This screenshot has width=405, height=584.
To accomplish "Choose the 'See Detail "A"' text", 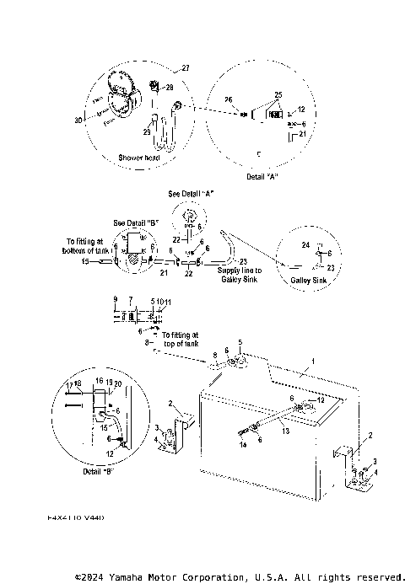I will pos(190,193).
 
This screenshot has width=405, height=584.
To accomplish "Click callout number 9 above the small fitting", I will pos(115,299).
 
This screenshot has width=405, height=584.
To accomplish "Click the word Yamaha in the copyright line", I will pos(129,577).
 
